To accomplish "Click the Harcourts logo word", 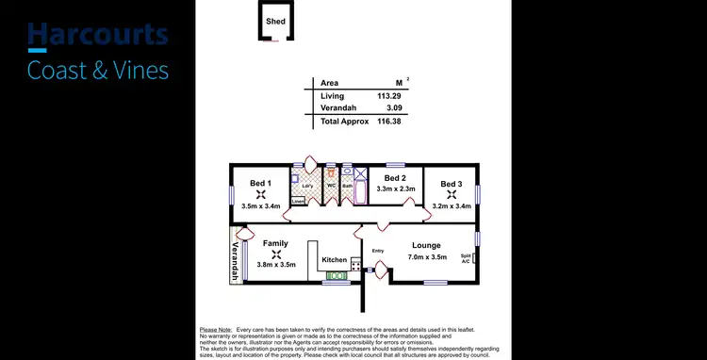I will [x=98, y=35].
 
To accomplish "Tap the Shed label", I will [x=275, y=21].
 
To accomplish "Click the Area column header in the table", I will [x=330, y=83].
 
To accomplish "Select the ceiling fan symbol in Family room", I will [x=275, y=254].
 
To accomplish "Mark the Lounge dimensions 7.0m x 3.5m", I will [x=427, y=256].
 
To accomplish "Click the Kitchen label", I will [x=334, y=260].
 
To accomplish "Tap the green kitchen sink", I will [x=334, y=274].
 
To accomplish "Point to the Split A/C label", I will [x=466, y=258].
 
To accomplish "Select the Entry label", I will [x=378, y=250].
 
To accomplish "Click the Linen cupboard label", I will [x=298, y=201].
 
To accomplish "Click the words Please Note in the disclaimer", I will [x=215, y=330].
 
